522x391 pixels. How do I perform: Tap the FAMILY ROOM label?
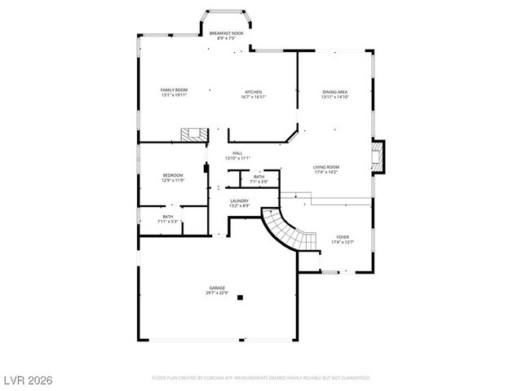tap(174, 90)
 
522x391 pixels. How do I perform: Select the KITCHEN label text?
tap(254, 92)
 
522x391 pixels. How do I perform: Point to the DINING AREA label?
tap(335, 92)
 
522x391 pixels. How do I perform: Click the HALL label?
tap(237, 153)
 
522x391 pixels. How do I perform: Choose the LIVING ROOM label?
tap(325, 167)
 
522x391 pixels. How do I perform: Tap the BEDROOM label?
tap(172, 175)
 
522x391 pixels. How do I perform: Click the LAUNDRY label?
tap(239, 200)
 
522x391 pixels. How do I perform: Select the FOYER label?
tap(343, 237)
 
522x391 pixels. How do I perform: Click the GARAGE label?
tap(216, 288)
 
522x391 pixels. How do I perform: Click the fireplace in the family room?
tap(192, 135)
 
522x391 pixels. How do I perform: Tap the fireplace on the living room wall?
tap(377, 157)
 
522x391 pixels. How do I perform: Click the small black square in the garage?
tap(239, 298)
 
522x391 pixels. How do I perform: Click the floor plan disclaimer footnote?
tap(261, 378)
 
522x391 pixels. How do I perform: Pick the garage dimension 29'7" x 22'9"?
tap(216, 292)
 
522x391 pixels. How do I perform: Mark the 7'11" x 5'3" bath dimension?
tap(167, 222)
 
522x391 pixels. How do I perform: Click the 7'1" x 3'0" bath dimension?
tap(259, 182)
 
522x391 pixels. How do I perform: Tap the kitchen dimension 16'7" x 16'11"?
tap(254, 97)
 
